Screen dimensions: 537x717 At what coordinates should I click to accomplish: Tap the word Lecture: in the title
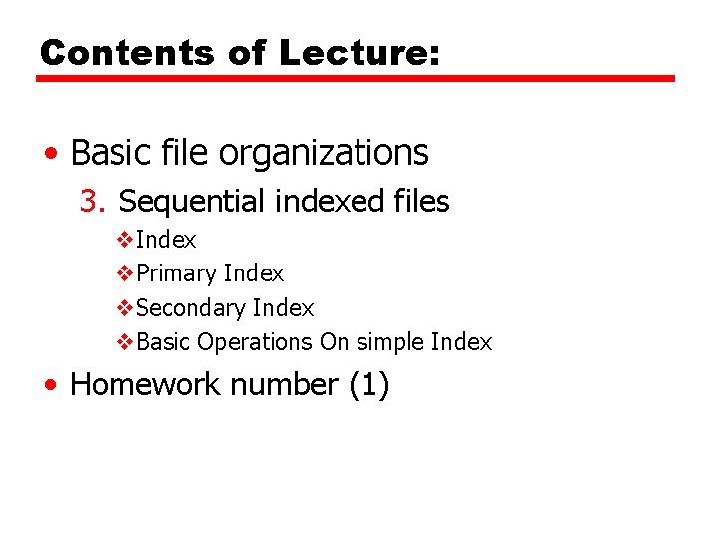click(x=358, y=53)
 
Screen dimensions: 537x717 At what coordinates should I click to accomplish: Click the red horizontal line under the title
click(x=356, y=79)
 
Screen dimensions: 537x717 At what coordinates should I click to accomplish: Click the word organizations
click(x=324, y=154)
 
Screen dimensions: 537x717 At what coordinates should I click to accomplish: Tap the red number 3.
click(x=92, y=202)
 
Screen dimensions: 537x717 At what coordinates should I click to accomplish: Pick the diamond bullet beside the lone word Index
click(x=124, y=241)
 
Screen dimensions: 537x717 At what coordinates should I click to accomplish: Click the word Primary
click(x=177, y=273)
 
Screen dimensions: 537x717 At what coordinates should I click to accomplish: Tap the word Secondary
click(x=192, y=308)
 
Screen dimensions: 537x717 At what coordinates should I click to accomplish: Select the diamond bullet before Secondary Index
click(x=124, y=308)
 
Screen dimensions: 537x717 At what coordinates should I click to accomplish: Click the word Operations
click(x=255, y=343)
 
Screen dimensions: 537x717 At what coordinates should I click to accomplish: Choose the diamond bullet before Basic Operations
click(x=124, y=342)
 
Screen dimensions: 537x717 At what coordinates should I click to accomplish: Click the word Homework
click(x=140, y=384)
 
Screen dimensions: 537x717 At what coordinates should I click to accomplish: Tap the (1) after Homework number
click(x=368, y=384)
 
